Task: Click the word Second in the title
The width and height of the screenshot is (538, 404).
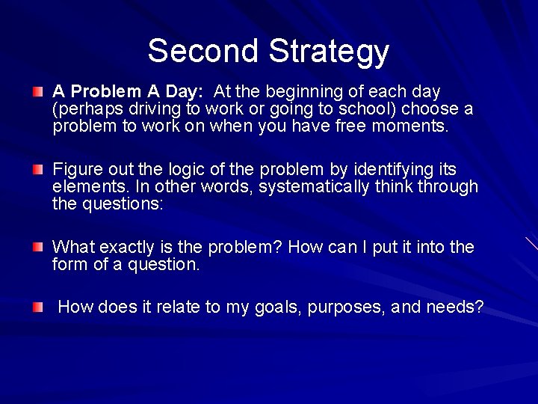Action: [204, 51]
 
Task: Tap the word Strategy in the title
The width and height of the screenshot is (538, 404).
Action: [329, 52]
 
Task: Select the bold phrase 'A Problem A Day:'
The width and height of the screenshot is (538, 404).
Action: [128, 92]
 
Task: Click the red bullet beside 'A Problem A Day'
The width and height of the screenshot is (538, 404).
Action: [38, 92]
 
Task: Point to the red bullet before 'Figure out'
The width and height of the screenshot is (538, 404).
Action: [38, 170]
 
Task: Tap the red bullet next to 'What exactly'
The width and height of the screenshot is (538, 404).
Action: [38, 247]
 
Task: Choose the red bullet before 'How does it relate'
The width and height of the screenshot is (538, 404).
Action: [38, 307]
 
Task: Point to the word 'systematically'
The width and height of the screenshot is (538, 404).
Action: [314, 187]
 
